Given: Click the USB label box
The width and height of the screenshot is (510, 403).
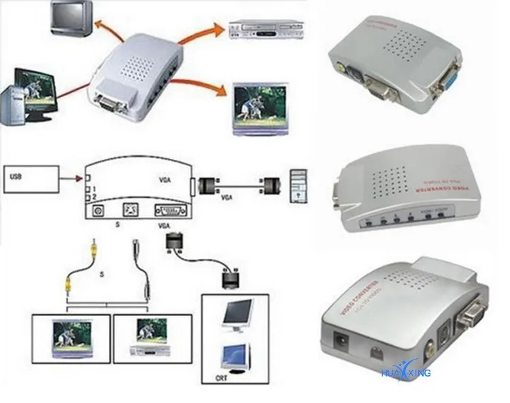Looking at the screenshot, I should [31, 179].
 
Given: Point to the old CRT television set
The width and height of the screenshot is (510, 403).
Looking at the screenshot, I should [71, 18].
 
